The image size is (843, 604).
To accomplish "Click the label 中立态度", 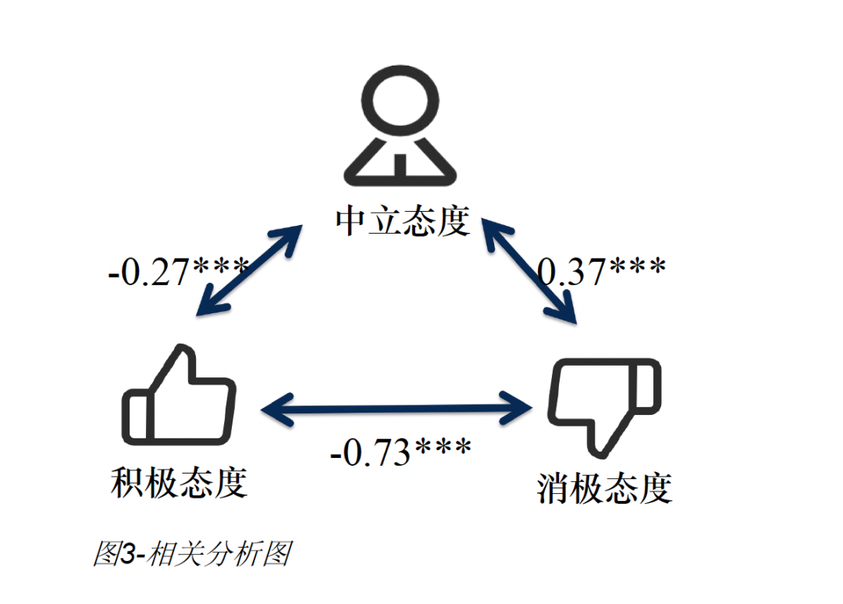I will tap(403, 221).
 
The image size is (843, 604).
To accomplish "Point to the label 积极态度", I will tap(180, 482).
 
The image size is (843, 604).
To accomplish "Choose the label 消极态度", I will tap(605, 488).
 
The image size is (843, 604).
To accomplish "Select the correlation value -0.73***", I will tap(400, 452).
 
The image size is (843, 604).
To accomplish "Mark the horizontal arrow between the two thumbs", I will tap(396, 408).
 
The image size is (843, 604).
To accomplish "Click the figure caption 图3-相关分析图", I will tap(192, 553).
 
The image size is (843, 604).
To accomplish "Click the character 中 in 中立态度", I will tap(352, 221).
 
